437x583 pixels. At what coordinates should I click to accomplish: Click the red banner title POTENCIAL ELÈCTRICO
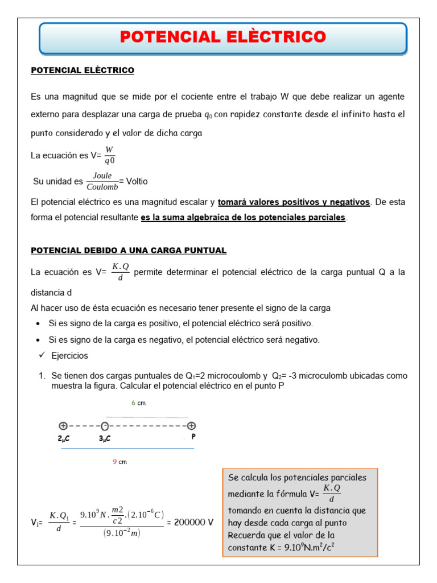tap(223, 38)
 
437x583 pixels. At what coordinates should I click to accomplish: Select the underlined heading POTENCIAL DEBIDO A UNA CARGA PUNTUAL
tap(129, 251)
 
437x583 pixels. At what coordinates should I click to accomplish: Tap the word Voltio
tap(137, 181)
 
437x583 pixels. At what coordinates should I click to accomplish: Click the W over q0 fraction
tap(109, 155)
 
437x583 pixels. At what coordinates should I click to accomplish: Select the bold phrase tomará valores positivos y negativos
tap(294, 202)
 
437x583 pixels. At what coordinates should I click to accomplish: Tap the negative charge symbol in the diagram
tap(105, 426)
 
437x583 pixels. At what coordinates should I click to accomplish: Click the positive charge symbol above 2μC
tap(63, 426)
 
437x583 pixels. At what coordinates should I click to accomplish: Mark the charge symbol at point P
tap(192, 426)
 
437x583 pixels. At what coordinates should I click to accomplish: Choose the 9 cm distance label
tap(119, 462)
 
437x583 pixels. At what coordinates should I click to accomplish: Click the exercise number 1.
tap(42, 376)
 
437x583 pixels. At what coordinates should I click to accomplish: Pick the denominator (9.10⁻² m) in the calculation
tap(122, 533)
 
